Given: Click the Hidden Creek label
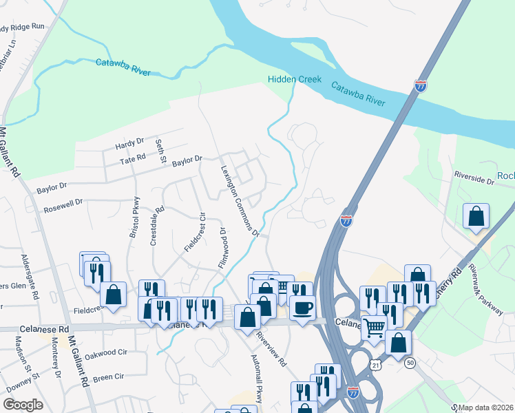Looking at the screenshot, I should pos(295,79).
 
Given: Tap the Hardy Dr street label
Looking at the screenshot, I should pos(129,144).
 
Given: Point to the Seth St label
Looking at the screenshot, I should pos(162,151).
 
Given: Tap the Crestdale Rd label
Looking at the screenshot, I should pos(156,226).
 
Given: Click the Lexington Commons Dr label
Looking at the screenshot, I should pos(240,200).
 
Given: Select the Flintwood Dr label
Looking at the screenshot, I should pos(222,248).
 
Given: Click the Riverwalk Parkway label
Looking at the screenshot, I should pos(485,289).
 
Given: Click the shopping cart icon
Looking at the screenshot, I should pos(374,328).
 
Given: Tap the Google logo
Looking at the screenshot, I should pos(23,405).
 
